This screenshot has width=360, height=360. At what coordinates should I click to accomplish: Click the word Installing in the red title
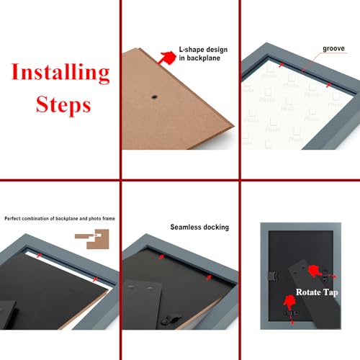coord(60,73)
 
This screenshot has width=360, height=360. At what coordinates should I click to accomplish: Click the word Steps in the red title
coord(63,105)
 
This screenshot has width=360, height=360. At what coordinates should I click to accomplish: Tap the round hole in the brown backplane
coord(154,97)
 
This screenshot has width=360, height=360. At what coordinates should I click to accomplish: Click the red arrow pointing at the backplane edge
coord(167,58)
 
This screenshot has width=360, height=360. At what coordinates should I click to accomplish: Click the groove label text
coord(333,49)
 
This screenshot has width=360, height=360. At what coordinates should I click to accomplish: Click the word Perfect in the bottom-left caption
coord(12,219)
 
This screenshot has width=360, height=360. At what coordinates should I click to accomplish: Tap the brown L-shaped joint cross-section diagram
coord(92,239)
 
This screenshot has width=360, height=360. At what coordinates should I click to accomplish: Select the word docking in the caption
coord(215,228)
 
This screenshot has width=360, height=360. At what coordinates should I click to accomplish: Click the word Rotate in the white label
coord(308,292)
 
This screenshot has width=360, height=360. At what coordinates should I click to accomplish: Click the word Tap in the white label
coord(330,292)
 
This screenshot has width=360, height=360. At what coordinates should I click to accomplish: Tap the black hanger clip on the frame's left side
coord(272,276)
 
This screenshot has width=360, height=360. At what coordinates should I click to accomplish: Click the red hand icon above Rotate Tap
coord(315,271)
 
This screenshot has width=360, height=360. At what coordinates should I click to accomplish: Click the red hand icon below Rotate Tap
coord(289,302)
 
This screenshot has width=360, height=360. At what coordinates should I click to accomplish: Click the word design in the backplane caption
coord(216,50)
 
